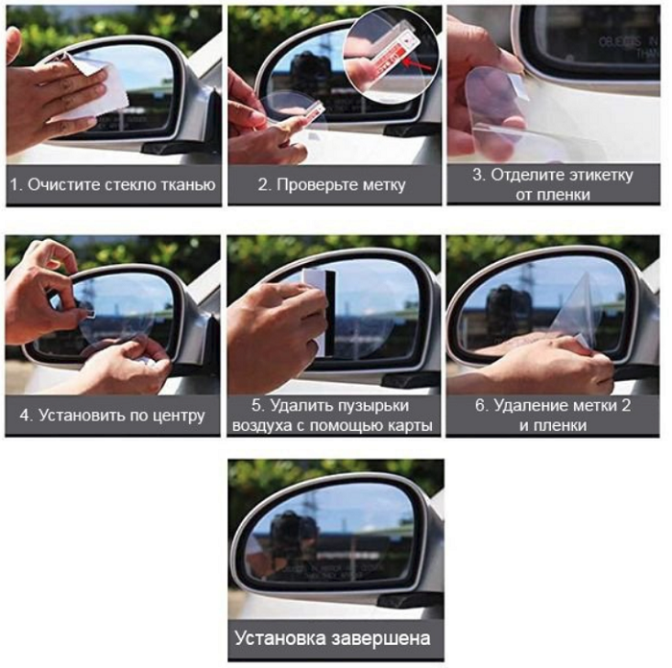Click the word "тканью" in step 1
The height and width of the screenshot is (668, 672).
(188, 185)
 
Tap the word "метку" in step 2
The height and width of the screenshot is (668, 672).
(384, 185)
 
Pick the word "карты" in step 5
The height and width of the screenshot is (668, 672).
(414, 425)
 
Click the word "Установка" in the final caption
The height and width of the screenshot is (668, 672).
(280, 638)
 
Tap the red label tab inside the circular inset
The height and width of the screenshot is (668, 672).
(388, 62)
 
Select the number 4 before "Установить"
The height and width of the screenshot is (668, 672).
(25, 416)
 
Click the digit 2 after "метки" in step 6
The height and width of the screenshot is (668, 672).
(626, 405)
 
